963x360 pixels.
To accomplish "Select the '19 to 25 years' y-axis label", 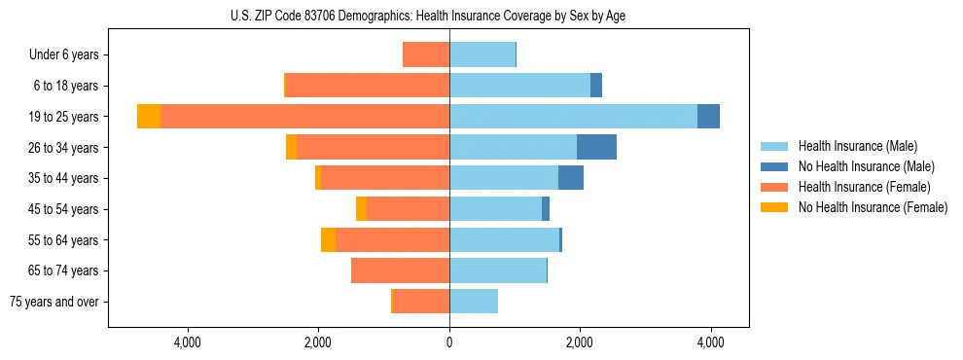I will (x=64, y=117).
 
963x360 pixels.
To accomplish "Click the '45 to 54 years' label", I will (x=64, y=209).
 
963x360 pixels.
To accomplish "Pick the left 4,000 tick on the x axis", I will (x=187, y=342).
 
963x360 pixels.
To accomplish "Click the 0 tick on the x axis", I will (x=449, y=342).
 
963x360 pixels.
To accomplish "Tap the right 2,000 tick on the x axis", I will (x=580, y=342).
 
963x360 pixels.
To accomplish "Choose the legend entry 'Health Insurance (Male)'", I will (x=856, y=146).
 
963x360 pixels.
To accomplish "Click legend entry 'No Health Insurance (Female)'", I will (x=873, y=207).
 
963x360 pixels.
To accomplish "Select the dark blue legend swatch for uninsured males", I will (x=774, y=166).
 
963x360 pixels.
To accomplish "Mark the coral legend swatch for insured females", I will (x=774, y=187).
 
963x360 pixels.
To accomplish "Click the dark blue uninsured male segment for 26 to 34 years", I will (x=596, y=147).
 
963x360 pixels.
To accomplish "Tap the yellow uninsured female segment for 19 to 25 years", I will (x=149, y=117).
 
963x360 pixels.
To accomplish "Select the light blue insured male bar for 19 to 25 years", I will (x=573, y=117).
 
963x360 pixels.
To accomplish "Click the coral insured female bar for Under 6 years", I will (x=426, y=55).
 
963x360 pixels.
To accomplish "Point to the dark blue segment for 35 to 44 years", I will (x=571, y=178).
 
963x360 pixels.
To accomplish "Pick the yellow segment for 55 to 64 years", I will (x=329, y=239).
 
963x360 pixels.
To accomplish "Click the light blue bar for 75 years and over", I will (x=474, y=302).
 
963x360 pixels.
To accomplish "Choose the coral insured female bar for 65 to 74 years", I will (x=400, y=270).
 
